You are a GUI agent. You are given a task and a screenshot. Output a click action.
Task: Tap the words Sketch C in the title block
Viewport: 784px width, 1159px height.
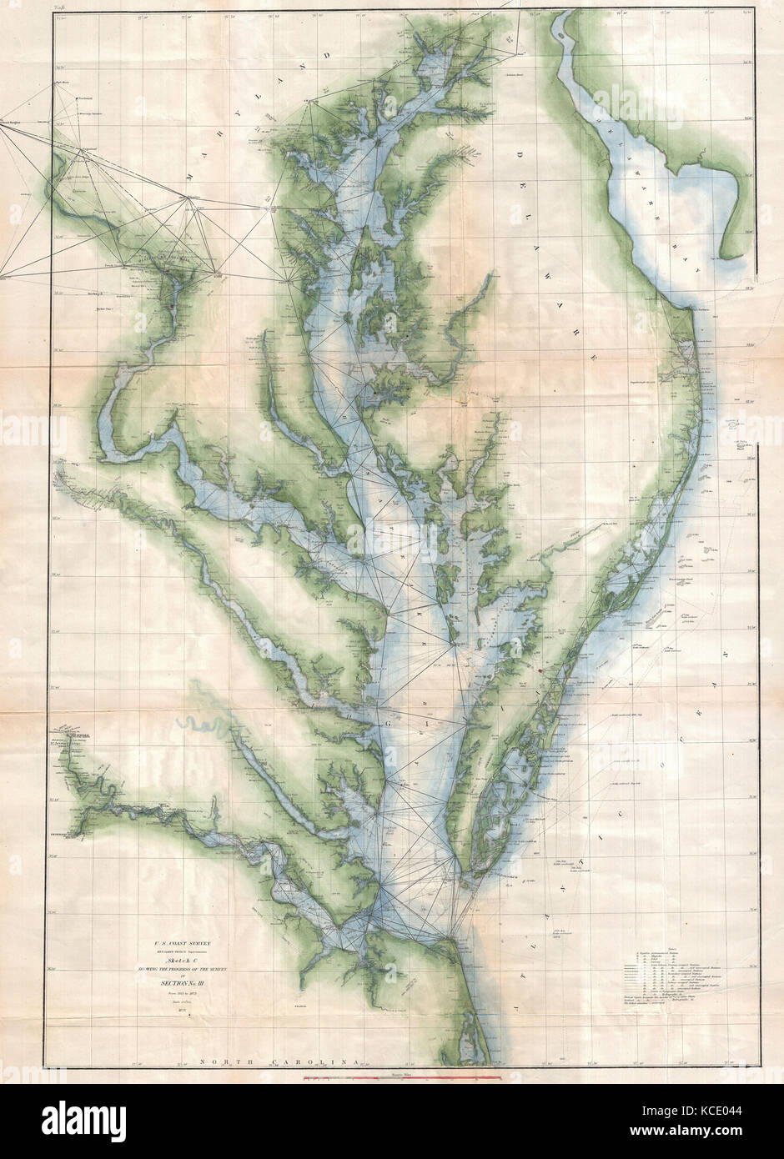click(182, 961)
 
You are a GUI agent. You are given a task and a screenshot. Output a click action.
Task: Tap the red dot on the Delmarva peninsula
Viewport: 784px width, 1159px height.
click(541, 669)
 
